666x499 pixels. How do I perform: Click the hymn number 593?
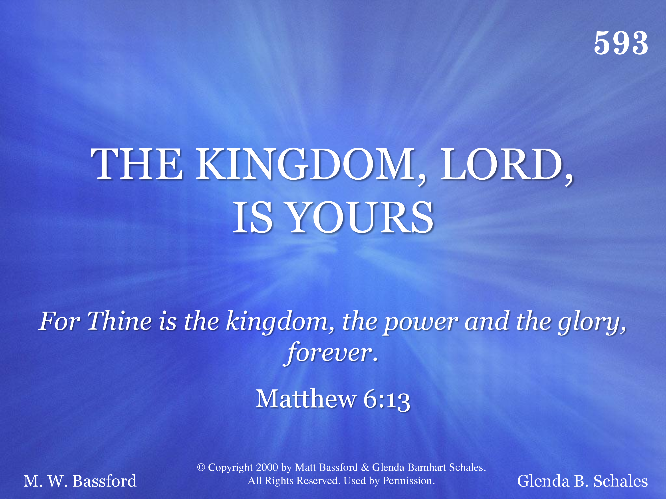click(621, 43)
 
